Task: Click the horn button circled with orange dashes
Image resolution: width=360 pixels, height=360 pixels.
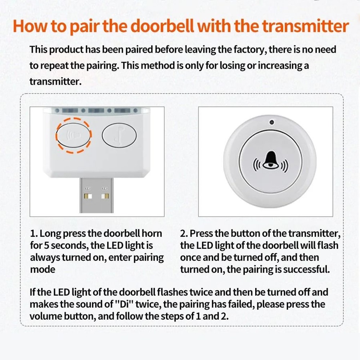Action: (x=73, y=134)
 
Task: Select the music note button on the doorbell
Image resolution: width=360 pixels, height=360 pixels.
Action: (x=119, y=135)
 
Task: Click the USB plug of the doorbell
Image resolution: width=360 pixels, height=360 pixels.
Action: (x=96, y=196)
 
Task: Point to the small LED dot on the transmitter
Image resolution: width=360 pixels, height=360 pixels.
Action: (x=271, y=122)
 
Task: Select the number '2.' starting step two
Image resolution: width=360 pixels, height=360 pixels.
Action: (x=184, y=233)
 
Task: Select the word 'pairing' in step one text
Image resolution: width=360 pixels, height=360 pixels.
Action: (x=149, y=258)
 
